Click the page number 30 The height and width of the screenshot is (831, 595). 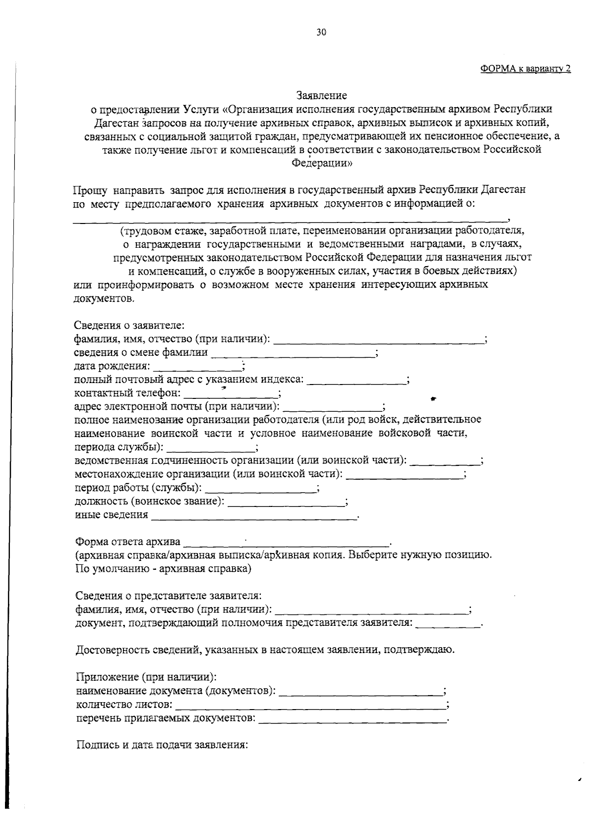321,33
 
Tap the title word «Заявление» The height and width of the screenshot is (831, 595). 322,95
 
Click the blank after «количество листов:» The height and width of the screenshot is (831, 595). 311,706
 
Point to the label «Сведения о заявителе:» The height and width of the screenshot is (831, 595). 129,326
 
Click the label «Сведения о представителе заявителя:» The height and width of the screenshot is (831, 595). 169,595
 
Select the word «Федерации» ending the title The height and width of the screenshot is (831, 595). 322,164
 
